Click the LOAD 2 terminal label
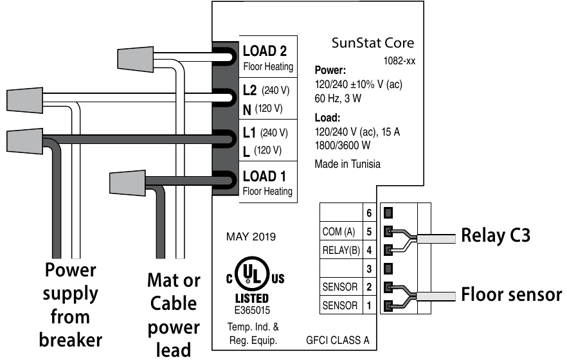coord(264,51)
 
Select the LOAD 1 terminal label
coord(264,176)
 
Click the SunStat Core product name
coord(372,44)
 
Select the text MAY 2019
coord(251,237)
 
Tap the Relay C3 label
coord(496,235)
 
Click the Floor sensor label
coord(511,295)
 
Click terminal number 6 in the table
coord(369,212)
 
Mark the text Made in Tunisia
coord(347,164)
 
